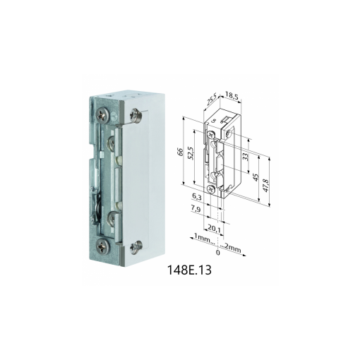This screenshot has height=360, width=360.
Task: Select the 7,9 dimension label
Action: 197,210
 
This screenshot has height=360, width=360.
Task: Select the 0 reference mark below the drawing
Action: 217,251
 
